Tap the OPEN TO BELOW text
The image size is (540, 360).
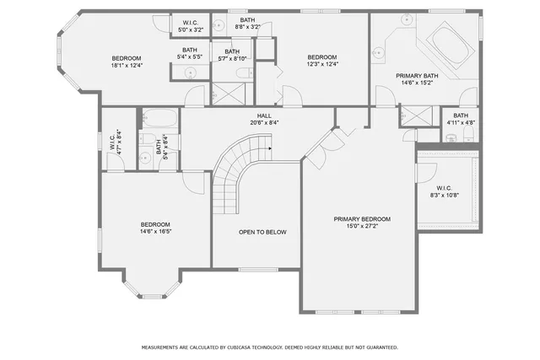(261, 232)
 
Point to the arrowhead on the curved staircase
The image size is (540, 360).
(267, 147)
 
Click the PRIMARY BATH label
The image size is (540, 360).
(418, 75)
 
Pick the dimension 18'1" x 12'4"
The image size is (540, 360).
(128, 65)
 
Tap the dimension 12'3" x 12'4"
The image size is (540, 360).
(321, 65)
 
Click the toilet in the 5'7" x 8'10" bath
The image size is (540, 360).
(242, 78)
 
